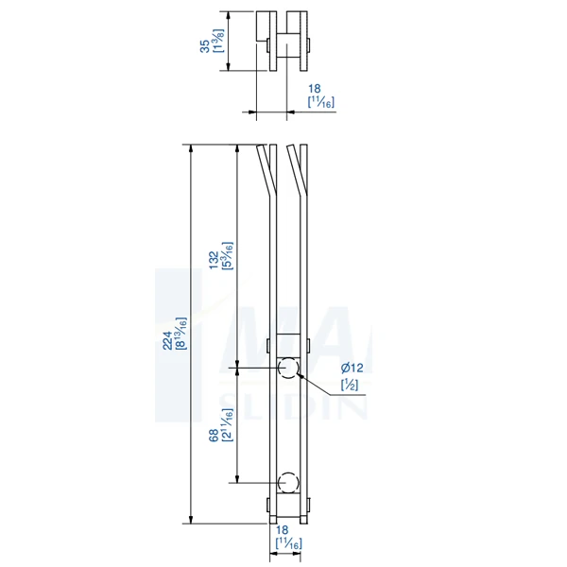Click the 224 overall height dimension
(x=167, y=340)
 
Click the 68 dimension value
(x=215, y=435)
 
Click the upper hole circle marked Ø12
(x=288, y=367)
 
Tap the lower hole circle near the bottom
(x=288, y=481)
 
